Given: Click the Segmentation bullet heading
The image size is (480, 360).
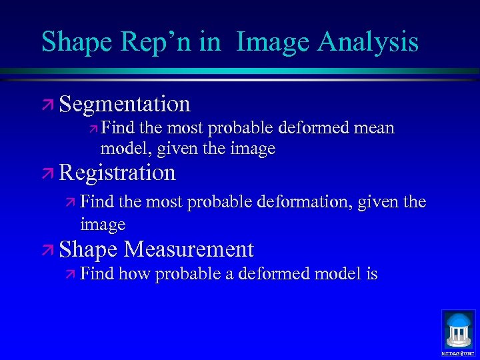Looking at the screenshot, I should [125, 105].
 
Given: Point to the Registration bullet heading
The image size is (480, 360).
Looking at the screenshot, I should [117, 173].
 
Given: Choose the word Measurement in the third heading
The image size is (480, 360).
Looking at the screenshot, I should [189, 249].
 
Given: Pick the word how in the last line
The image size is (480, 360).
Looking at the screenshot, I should [135, 274].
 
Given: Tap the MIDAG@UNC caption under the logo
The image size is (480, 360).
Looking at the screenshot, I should [459, 353].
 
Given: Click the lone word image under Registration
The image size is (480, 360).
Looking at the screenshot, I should [103, 225].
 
